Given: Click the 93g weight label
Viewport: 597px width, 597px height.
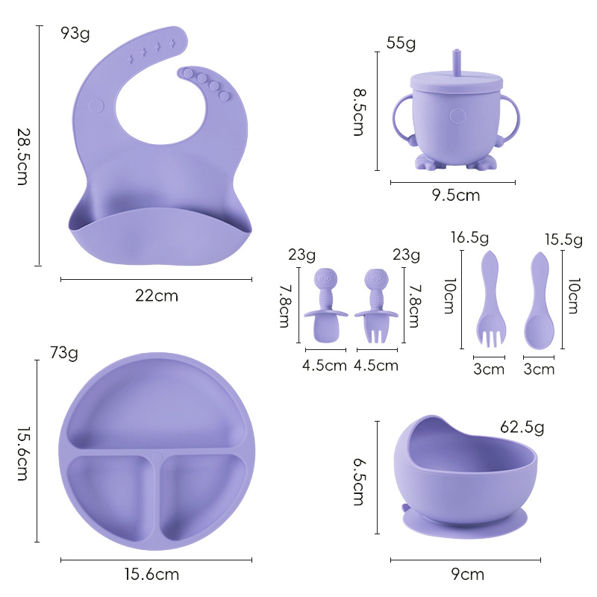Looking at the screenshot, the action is (75, 34).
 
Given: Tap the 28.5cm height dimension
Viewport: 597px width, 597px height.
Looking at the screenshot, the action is (23, 157).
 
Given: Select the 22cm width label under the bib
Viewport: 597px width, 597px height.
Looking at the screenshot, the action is (157, 296).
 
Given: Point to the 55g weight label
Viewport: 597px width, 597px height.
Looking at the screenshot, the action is (401, 43).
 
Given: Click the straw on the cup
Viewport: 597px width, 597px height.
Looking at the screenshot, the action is (456, 62).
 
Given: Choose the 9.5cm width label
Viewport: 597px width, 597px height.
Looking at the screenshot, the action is (456, 196).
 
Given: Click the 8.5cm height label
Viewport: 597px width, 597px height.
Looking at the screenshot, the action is (359, 112).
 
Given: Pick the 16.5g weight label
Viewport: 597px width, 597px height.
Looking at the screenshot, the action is (469, 237).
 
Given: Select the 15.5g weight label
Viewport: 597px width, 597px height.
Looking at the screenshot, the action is (563, 240).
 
